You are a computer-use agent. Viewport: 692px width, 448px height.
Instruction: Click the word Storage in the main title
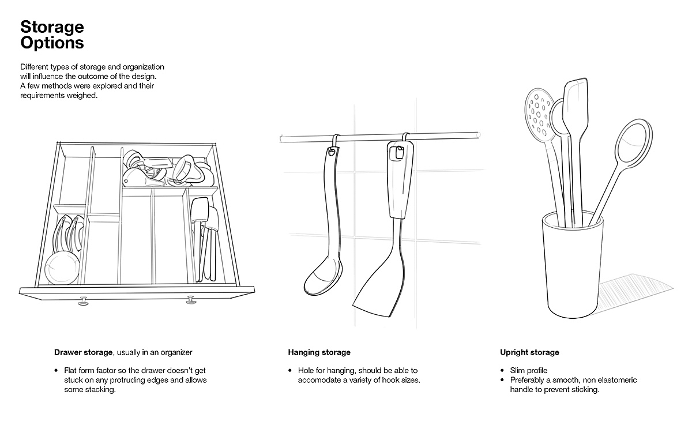52,27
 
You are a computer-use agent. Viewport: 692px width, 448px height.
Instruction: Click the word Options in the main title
52,43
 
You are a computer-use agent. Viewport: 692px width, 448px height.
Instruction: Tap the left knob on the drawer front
83,301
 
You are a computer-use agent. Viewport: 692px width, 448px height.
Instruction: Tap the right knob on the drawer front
191,300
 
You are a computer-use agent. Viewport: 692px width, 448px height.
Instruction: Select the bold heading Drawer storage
83,352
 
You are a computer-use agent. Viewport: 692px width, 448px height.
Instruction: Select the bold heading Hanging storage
319,352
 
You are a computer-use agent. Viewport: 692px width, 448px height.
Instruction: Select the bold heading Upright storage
529,352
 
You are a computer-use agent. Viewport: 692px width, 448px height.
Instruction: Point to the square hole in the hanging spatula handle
397,153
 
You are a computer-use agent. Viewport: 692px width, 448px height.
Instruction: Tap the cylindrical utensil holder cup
573,265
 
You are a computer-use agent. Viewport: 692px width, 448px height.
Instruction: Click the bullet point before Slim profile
503,370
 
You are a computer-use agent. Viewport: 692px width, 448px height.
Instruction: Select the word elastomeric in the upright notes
615,380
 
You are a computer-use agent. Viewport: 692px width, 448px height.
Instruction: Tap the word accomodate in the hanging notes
319,380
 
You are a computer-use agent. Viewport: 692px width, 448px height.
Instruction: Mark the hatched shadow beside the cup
633,293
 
